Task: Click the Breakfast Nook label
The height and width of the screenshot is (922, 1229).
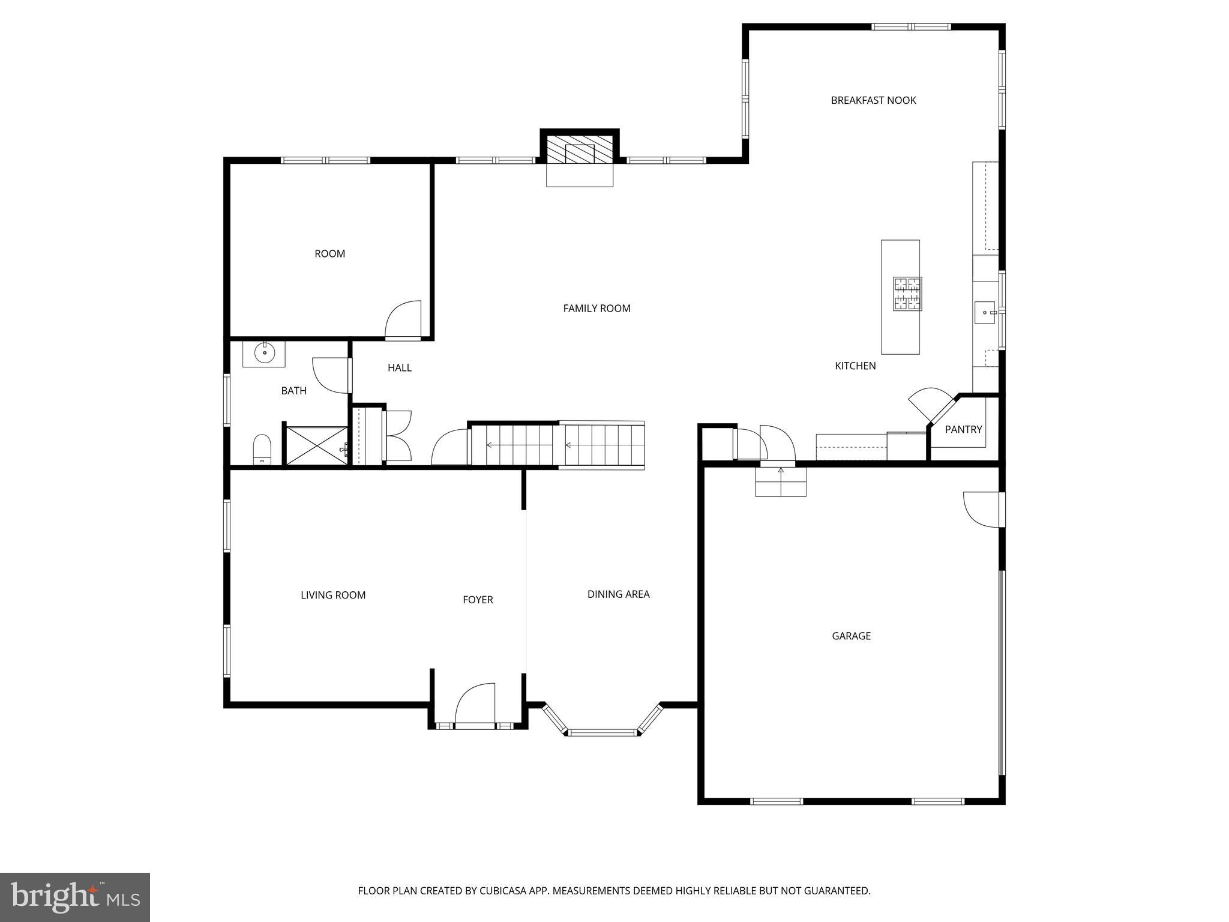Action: pos(873,100)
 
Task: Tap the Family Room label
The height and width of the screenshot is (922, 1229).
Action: pos(596,308)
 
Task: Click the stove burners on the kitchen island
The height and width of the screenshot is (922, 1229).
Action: pos(907,294)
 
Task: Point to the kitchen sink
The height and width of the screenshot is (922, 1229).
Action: pos(984,313)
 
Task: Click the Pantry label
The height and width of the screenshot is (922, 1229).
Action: pos(963,429)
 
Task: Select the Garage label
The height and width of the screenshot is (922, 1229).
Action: pos(851,636)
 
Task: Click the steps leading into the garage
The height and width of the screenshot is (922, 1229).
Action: pos(780,481)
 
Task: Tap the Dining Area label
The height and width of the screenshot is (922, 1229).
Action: pos(618,594)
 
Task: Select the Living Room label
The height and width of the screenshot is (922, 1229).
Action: pos(333,595)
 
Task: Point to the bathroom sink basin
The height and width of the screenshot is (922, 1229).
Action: pos(264,353)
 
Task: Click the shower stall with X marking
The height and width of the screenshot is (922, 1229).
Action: pos(316,445)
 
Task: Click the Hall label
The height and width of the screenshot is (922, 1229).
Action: pos(399,367)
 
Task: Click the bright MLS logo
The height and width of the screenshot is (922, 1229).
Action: pos(75,897)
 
